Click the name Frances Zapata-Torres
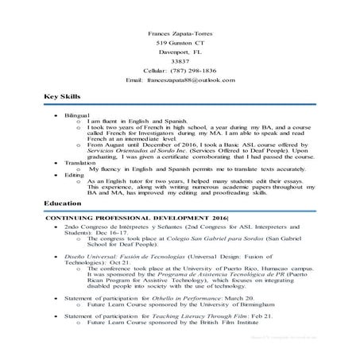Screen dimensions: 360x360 pos(180,33)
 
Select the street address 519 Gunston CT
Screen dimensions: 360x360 pos(180,43)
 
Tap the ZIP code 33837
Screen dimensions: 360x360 pos(180,62)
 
